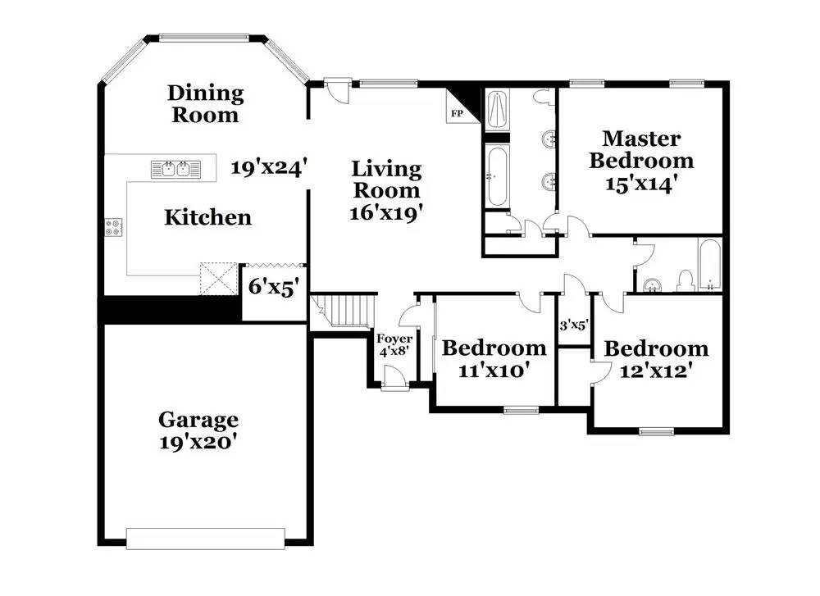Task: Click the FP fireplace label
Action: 457,113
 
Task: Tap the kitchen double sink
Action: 175,170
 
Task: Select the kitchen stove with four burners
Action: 113,227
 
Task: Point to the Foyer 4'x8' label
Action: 394,345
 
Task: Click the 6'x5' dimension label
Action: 274,286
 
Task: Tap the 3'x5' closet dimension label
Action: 574,325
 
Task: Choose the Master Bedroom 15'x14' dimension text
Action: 641,184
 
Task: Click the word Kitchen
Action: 207,217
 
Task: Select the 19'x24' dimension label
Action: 268,167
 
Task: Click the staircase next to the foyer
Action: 343,311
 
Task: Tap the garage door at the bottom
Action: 206,539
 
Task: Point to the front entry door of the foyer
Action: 395,378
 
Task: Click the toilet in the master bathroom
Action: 545,98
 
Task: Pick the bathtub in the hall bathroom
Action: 710,265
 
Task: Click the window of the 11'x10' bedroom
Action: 521,411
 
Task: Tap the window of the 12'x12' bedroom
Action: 657,431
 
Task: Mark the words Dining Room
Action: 206,103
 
